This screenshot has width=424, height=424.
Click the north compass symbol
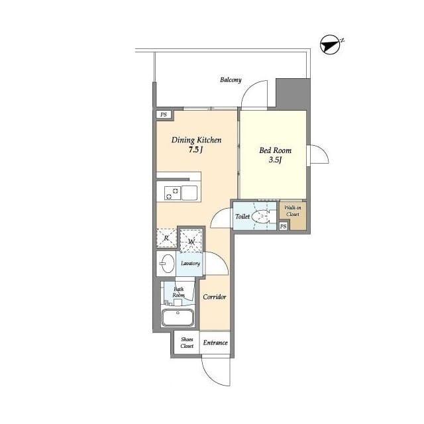click(330, 45)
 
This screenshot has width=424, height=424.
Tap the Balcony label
click(231, 79)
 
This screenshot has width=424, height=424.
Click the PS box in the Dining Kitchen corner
click(164, 115)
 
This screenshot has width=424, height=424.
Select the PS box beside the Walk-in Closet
click(283, 226)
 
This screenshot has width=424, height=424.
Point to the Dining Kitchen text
click(196, 140)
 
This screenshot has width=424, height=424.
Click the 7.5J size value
click(195, 150)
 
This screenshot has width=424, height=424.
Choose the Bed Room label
click(276, 150)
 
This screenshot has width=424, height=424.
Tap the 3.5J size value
click(276, 160)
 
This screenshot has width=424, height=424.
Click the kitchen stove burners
click(172, 193)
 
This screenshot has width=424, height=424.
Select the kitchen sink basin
click(189, 193)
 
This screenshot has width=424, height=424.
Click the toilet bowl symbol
click(260, 217)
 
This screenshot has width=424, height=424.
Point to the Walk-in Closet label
click(293, 211)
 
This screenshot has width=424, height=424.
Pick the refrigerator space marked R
click(166, 238)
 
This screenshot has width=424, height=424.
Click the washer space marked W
click(191, 241)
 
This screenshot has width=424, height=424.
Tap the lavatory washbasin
click(166, 264)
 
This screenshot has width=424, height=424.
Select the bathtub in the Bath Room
click(178, 317)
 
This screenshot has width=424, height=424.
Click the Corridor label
click(215, 297)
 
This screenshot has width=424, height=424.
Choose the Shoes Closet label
click(187, 343)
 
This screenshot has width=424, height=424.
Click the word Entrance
click(215, 343)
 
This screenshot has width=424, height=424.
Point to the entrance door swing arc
click(209, 378)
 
